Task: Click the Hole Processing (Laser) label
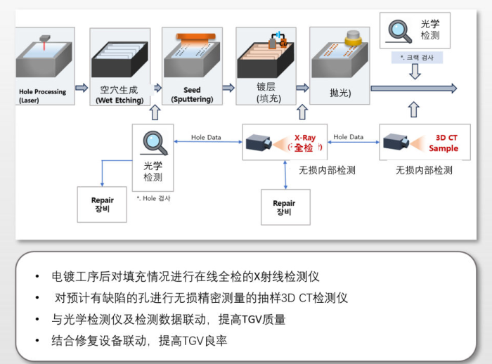42,96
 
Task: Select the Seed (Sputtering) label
192,95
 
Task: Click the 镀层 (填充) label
268,93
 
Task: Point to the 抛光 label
339,93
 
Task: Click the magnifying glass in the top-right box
401,30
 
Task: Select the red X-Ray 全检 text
303,143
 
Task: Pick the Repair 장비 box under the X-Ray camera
285,207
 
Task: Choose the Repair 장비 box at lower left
103,204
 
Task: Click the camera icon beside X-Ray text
261,144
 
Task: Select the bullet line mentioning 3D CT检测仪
200,298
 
